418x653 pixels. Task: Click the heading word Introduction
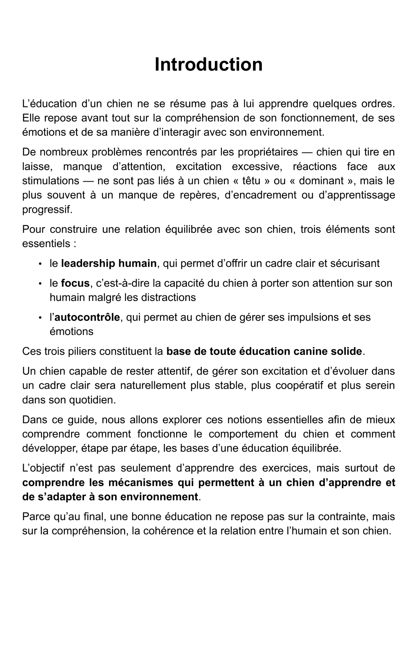pos(208,64)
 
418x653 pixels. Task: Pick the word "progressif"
pos(46,210)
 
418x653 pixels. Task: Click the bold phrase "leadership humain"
pos(109,263)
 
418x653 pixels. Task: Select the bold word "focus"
pos(75,283)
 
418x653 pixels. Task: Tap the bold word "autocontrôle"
pos(87,317)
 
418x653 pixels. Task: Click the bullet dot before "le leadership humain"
pos(40,264)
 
